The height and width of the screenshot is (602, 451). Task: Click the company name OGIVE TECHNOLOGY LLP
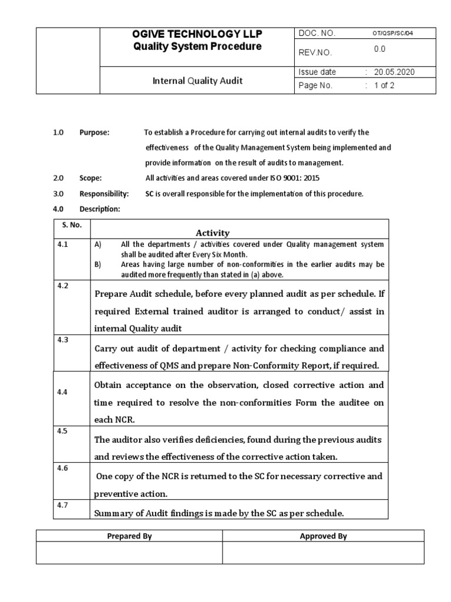coord(197,35)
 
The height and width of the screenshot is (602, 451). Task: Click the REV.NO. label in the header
coord(316,53)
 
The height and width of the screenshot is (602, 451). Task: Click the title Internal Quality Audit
coord(197,81)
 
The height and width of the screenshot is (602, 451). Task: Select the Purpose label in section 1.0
coord(95,132)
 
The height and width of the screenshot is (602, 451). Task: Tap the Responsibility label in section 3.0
coord(104,193)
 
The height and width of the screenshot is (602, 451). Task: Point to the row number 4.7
coord(63,505)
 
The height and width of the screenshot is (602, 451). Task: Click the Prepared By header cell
coord(129,536)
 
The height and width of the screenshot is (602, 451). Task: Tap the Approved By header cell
coord(323,536)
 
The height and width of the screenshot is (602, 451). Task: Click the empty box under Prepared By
coord(129,553)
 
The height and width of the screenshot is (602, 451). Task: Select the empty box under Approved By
coord(323,553)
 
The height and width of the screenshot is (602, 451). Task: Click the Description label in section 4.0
coord(100,209)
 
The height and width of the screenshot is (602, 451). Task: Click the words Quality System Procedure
coord(197,46)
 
